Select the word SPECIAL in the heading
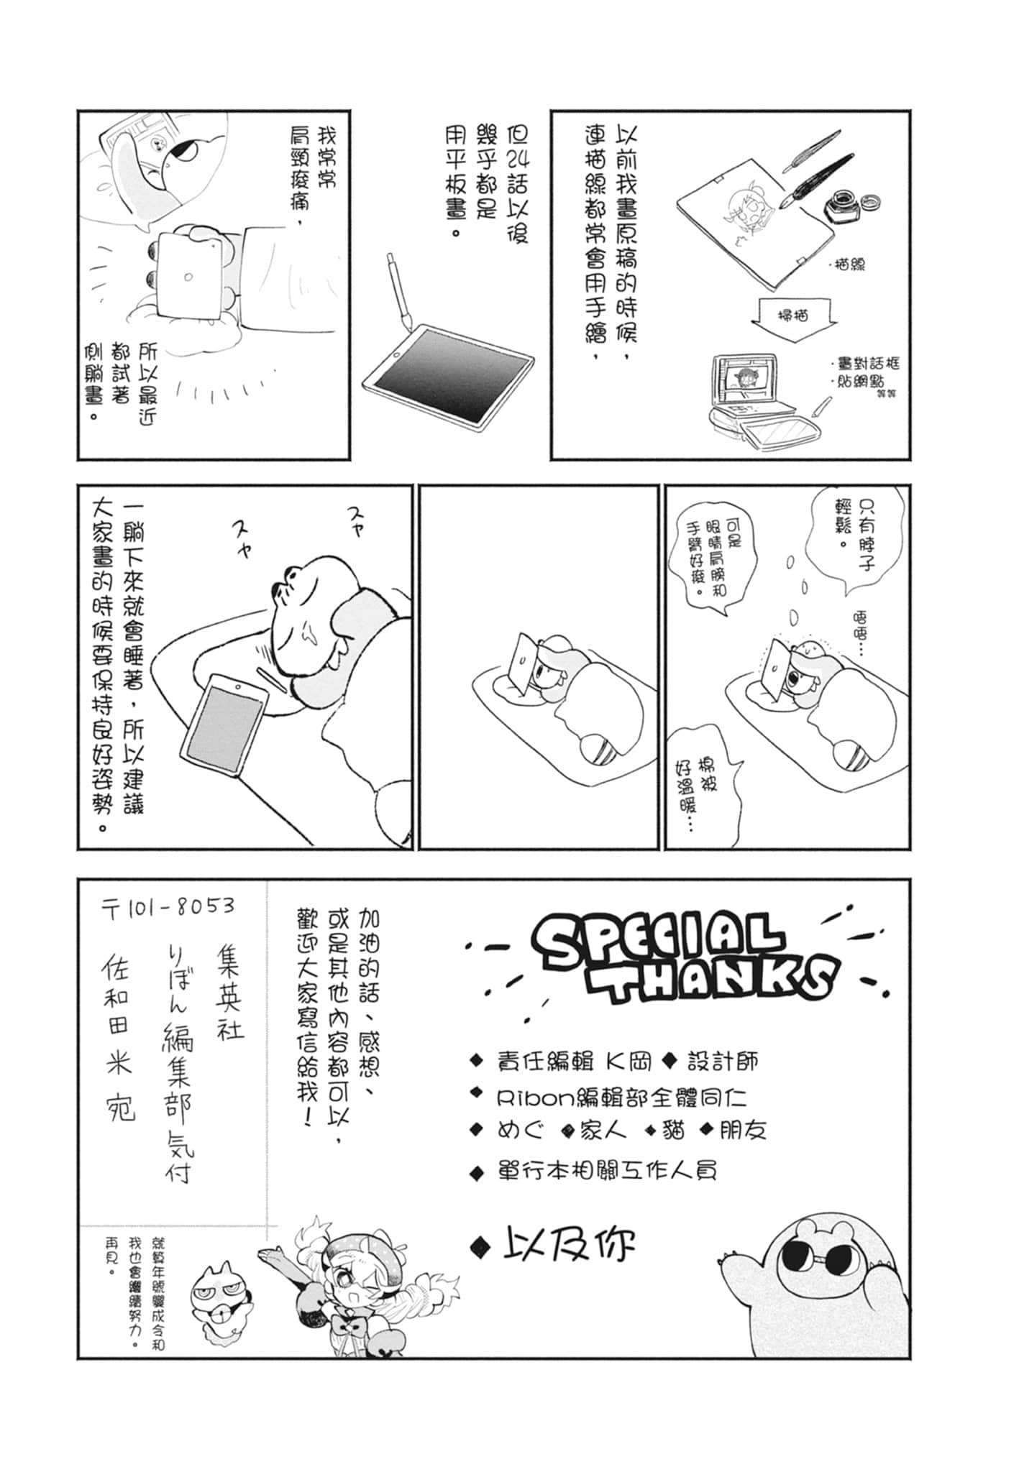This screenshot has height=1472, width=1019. pos(658,938)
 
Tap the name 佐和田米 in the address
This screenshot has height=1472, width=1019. pos(118,1024)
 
